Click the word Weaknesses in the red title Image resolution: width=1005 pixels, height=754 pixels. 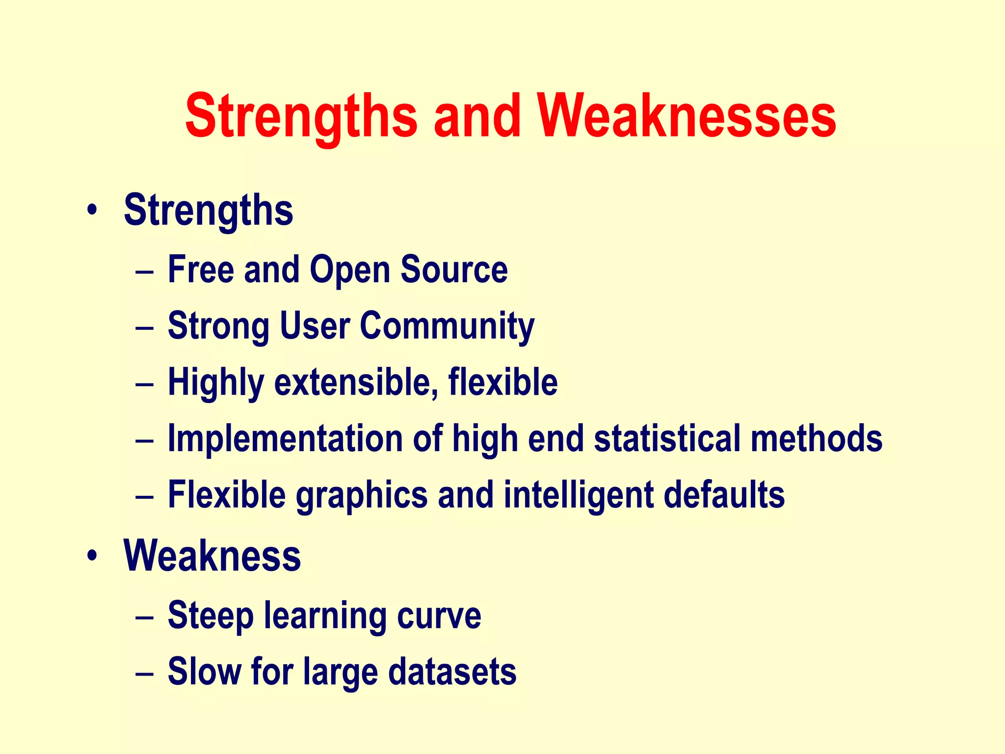[687, 117]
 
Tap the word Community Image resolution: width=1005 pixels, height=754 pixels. [447, 327]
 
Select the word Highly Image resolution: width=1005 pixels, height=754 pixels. [216, 383]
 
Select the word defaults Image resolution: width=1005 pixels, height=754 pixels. [724, 495]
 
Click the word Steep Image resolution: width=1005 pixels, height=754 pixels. [211, 617]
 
